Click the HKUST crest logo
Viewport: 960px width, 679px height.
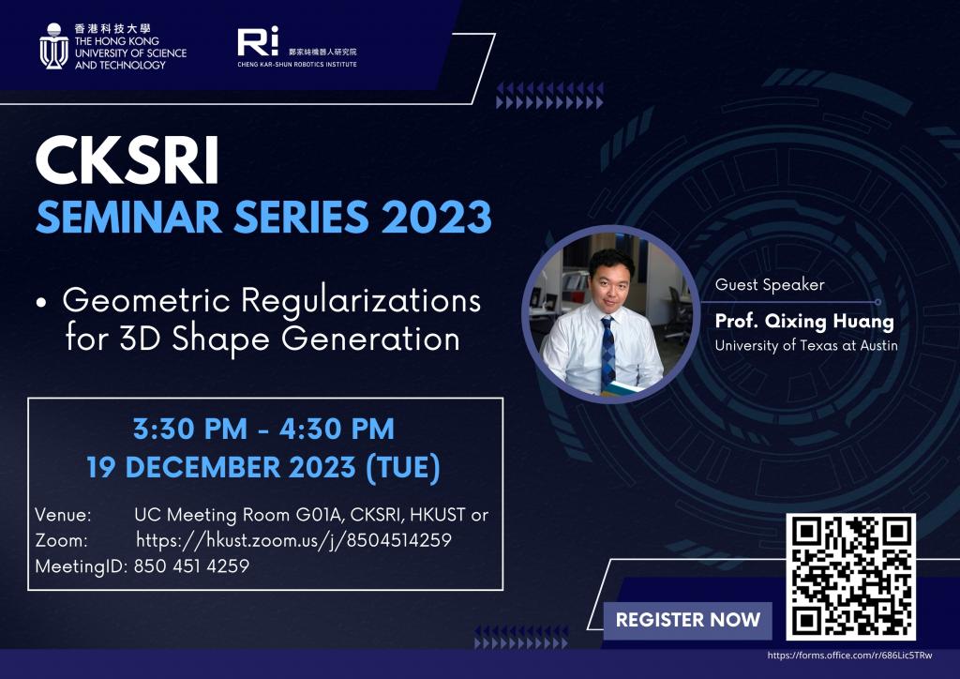[53, 47]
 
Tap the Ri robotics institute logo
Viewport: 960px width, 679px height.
[258, 41]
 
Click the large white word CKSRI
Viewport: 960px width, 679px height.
[127, 160]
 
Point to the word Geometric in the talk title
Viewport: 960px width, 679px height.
[147, 301]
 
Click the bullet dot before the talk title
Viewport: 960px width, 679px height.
[41, 302]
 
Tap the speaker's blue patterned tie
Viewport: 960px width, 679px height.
[607, 353]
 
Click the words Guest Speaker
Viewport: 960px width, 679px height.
[770, 285]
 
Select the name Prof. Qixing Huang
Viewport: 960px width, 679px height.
[804, 321]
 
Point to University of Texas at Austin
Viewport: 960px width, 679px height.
[806, 345]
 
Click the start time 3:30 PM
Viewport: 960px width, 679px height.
[190, 429]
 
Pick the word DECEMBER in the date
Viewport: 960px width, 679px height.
[203, 467]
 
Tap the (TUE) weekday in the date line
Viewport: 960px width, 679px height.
[403, 468]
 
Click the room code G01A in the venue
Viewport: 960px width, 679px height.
[318, 515]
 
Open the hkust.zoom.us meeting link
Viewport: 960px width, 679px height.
[293, 540]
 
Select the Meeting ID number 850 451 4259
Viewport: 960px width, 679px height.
[191, 566]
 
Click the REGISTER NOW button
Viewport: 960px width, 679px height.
[687, 620]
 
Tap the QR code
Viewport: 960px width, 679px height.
[851, 577]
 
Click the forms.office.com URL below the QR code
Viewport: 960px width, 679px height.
[849, 656]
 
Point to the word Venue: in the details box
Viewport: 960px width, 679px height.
[63, 515]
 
